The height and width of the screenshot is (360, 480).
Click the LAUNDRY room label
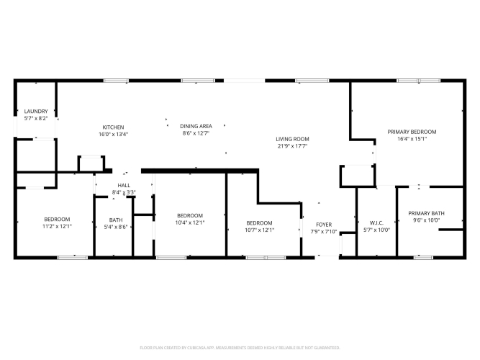coord(36,111)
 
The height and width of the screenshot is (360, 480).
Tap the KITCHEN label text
coord(113,127)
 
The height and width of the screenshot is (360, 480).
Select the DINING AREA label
coord(196,126)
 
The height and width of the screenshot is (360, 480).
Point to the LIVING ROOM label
coord(292,139)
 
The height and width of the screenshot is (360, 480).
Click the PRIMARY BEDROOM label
coord(412,132)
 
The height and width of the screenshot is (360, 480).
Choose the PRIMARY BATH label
coord(426,213)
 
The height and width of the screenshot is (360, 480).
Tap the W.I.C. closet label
coord(376,222)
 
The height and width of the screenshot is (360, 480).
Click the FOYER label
coord(324,225)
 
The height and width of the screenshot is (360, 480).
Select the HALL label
coord(124,185)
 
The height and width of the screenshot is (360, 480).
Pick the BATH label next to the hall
coord(116,220)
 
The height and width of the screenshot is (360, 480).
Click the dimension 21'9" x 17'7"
coord(292,146)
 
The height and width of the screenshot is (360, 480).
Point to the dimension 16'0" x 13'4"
coord(113,134)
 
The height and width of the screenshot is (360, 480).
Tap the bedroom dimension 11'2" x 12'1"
coord(57,226)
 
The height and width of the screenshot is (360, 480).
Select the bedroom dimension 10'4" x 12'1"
coord(190,222)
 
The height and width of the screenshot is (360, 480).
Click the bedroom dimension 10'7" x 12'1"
coord(259,230)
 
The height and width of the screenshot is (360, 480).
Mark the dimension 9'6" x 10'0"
coord(426,220)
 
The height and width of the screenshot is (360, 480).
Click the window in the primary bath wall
coord(423,258)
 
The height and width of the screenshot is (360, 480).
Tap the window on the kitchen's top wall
coord(116,81)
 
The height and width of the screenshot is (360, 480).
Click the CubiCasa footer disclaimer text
coord(240,348)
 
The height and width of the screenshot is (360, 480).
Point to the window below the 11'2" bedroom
coord(73,258)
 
